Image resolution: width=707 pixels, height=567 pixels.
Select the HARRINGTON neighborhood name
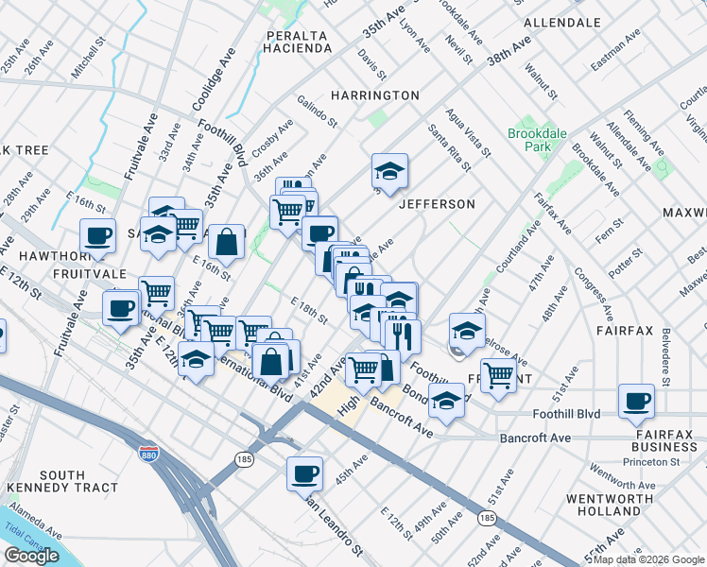374,95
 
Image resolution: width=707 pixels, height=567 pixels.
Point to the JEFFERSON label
436,204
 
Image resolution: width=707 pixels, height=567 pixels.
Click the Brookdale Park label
537,141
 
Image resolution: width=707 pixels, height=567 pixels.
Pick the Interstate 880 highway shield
148,455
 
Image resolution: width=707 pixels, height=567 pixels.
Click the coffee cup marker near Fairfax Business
636,400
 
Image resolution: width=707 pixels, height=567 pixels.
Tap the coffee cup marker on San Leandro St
304,473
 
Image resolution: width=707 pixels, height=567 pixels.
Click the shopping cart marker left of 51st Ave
498,374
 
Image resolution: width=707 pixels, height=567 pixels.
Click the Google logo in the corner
31,557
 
